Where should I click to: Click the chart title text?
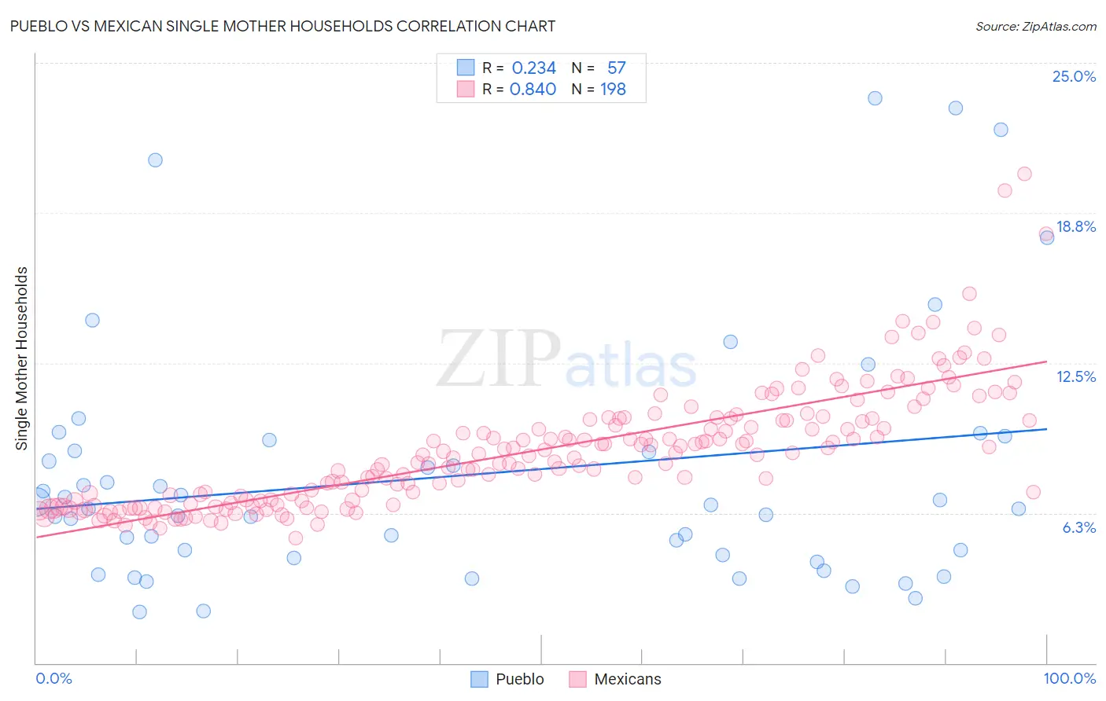[x=282, y=26]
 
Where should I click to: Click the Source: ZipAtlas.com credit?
[x=1035, y=26]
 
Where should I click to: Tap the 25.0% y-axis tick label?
[x=1074, y=76]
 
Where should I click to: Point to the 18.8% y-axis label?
[x=1075, y=226]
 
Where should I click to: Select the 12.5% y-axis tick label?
[x=1075, y=376]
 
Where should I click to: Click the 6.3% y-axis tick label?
[x=1078, y=527]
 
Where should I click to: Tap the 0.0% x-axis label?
[x=53, y=678]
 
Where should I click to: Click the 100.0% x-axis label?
[x=1069, y=678]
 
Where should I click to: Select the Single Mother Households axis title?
[x=22, y=358]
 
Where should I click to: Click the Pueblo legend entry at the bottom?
[x=519, y=679]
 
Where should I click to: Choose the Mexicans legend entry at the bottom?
[x=627, y=679]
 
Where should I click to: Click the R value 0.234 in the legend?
[x=533, y=68]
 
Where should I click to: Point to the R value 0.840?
[x=533, y=89]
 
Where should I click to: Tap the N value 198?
[x=613, y=89]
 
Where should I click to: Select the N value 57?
[x=616, y=68]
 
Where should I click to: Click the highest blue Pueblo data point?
[x=875, y=98]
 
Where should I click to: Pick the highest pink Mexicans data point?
[x=1024, y=174]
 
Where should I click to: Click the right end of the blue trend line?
[x=1047, y=428]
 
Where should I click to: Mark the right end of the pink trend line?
[x=1047, y=362]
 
